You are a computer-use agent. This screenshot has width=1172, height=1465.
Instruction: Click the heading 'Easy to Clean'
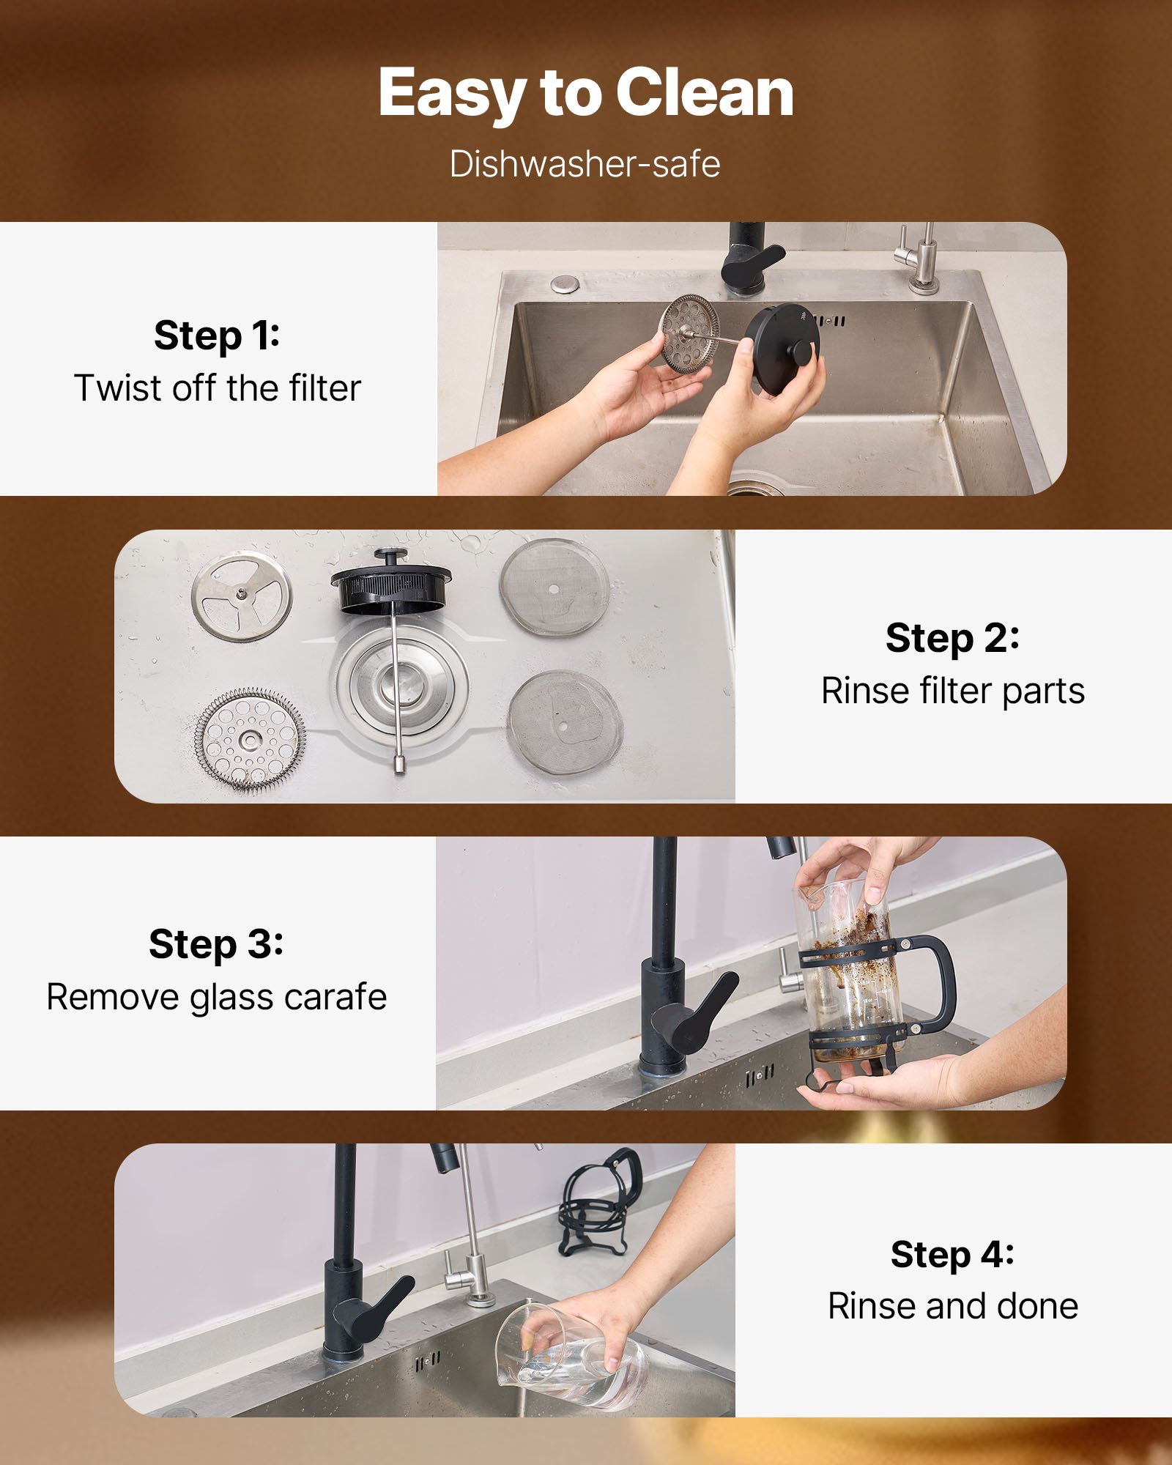[586, 93]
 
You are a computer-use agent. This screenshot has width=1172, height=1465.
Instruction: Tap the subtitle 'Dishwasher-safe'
[585, 163]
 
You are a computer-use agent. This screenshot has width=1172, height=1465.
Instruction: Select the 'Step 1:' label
[217, 335]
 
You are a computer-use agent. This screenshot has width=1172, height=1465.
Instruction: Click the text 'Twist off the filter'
[218, 387]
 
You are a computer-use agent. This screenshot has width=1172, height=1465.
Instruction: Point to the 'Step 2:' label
[952, 637]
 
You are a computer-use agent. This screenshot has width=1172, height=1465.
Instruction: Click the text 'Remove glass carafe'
[217, 997]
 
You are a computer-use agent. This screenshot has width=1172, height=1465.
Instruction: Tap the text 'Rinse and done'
[952, 1306]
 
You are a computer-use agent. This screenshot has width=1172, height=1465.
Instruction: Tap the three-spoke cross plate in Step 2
[242, 596]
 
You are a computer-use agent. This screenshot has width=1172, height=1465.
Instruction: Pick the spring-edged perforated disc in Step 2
[250, 740]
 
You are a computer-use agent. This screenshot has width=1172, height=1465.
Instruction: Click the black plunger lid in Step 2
[390, 582]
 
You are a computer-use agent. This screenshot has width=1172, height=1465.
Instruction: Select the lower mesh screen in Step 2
[564, 724]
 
